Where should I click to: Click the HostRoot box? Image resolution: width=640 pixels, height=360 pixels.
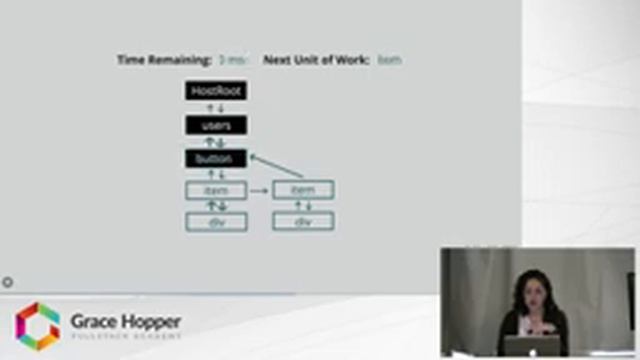pos(216,91)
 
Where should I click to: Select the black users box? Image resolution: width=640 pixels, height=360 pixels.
pos(216,125)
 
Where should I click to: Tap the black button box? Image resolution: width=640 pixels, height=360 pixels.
pos(216,158)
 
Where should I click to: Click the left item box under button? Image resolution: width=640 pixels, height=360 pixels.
pos(216,190)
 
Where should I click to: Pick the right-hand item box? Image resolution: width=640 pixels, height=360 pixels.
pos(303,190)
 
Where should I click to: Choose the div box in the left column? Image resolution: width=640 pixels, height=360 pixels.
pos(216,221)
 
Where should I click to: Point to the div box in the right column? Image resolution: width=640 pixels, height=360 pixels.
pos(303,221)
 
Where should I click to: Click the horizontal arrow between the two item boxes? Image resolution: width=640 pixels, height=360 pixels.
pos(259,190)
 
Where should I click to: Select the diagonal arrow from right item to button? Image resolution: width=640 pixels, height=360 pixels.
pos(276,166)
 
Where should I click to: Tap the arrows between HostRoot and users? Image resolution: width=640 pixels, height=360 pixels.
pos(216,108)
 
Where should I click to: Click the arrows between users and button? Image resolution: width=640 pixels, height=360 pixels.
pos(216,142)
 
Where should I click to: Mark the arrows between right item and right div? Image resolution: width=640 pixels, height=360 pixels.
pos(303,206)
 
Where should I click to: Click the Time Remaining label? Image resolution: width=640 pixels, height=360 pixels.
pos(164,60)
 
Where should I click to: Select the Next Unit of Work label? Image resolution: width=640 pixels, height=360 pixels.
pos(316,60)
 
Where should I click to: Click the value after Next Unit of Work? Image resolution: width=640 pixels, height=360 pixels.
pos(390,60)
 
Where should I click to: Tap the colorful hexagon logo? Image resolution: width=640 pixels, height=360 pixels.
pos(37,326)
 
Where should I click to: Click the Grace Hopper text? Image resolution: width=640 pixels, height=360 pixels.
pos(125,321)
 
